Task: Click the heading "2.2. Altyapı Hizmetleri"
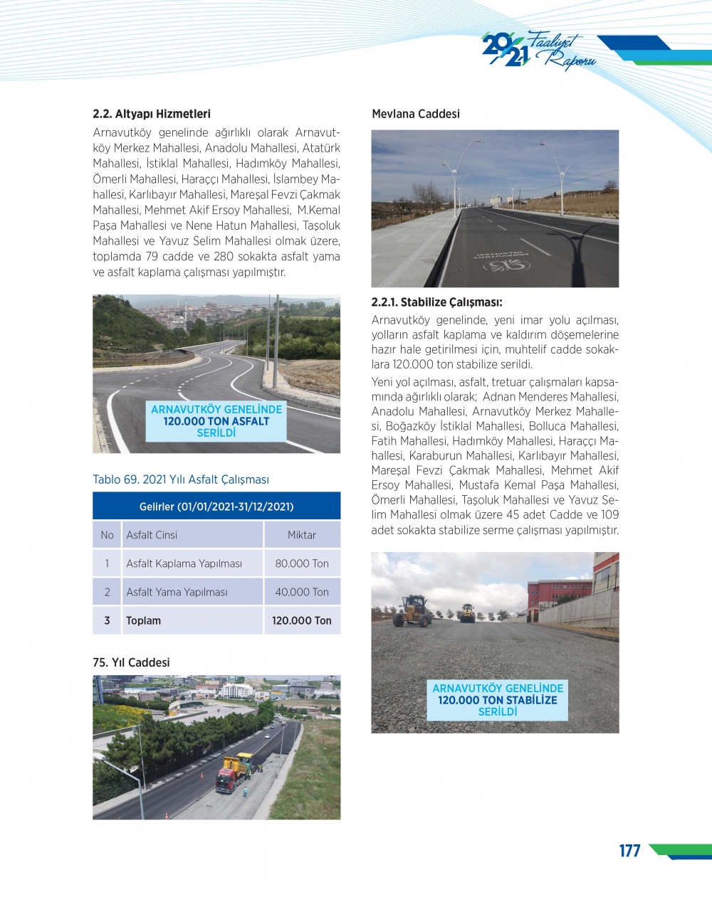pyautogui.click(x=152, y=114)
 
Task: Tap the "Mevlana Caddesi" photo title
pyautogui.click(x=416, y=114)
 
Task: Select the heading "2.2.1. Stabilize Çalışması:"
pyautogui.click(x=437, y=302)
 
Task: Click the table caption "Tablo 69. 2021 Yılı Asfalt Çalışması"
pyautogui.click(x=181, y=479)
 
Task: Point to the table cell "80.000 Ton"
pyautogui.click(x=302, y=563)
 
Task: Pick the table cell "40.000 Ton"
pyautogui.click(x=302, y=592)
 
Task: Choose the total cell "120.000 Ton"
pyautogui.click(x=302, y=620)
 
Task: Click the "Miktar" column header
pyautogui.click(x=302, y=535)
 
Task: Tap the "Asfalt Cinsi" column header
pyautogui.click(x=152, y=535)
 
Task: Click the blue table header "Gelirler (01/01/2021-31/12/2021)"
pyautogui.click(x=216, y=506)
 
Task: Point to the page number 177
pyautogui.click(x=629, y=851)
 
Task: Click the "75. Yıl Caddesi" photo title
pyautogui.click(x=131, y=662)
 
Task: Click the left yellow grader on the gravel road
pyautogui.click(x=413, y=611)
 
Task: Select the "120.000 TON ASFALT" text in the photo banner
pyautogui.click(x=216, y=421)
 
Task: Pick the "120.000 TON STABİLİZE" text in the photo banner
pyautogui.click(x=498, y=700)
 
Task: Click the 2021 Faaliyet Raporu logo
pyautogui.click(x=538, y=51)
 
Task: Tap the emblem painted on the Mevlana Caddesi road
pyautogui.click(x=506, y=265)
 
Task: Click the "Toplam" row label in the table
pyautogui.click(x=143, y=620)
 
